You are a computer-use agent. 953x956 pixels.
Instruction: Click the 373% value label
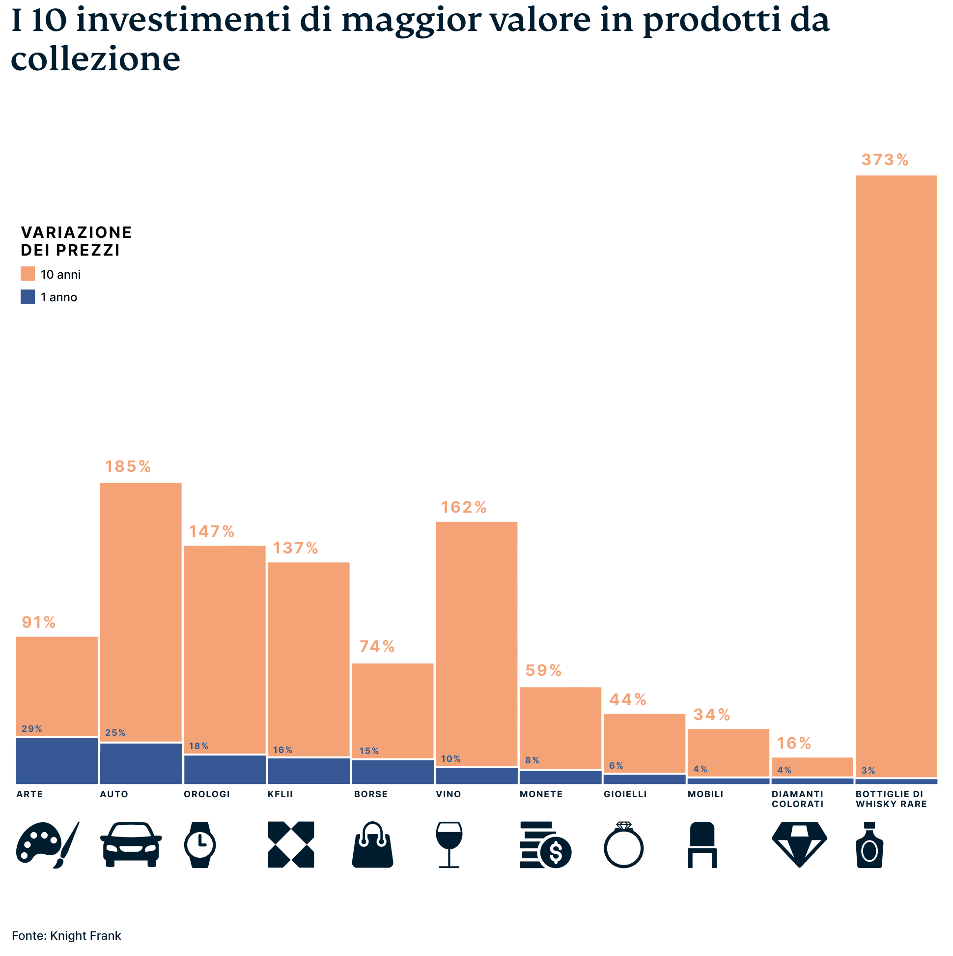pos(884,160)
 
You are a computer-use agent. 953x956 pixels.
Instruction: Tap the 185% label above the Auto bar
pos(128,466)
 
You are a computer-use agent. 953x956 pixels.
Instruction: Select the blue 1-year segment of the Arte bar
pos(57,760)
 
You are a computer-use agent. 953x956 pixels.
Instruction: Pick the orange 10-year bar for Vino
pos(476,643)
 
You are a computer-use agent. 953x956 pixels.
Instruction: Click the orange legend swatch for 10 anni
pos(28,274)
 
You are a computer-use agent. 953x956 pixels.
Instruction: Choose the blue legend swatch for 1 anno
pos(28,297)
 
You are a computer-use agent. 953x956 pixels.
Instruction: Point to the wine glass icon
pos(448,844)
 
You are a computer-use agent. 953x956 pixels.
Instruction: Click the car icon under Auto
pos(131,844)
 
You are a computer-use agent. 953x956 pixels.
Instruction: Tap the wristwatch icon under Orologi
pos(200,844)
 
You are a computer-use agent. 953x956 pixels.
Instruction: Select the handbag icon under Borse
pos(372,844)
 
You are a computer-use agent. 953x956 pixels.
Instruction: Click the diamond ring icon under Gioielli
pos(623,844)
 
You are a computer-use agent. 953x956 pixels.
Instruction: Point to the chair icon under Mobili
pos(702,844)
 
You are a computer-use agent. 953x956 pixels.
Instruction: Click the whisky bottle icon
pos(869,844)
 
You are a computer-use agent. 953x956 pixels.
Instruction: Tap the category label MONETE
pos(540,794)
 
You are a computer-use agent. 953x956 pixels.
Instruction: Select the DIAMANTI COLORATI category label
pos(797,799)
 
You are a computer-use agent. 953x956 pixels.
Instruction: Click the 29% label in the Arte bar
pos(31,729)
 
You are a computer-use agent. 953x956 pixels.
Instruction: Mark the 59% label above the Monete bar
pos(543,670)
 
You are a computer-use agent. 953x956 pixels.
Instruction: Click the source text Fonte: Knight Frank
pos(66,936)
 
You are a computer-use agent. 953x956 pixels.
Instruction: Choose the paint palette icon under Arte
pos(47,844)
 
